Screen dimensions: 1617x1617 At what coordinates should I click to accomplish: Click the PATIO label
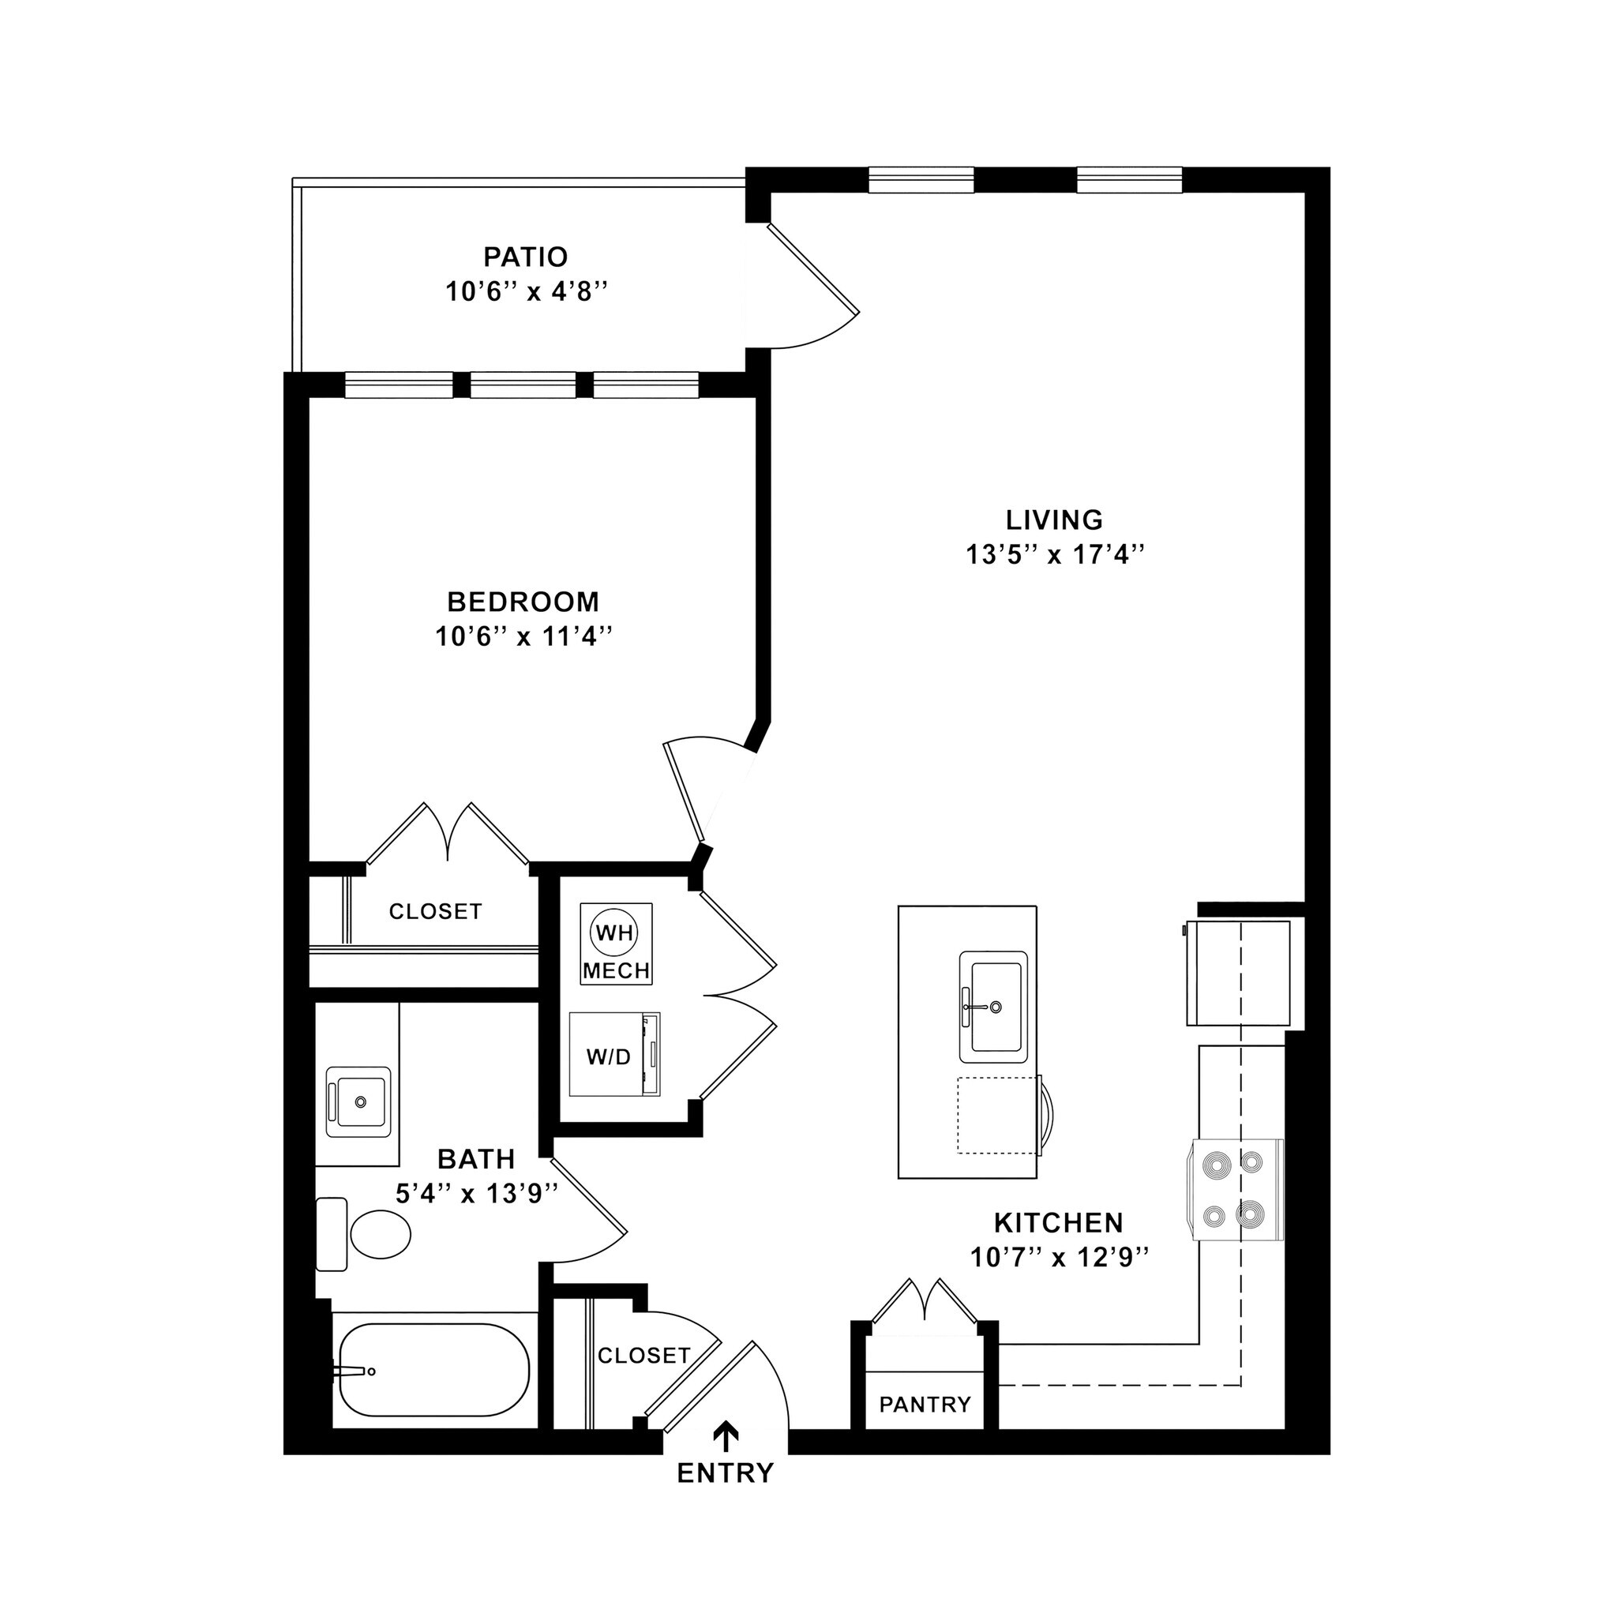point(525,256)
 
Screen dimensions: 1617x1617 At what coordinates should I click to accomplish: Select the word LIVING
point(1054,520)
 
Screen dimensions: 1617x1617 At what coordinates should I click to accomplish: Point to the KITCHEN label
point(1058,1223)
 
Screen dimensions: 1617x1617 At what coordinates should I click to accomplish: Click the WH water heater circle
point(613,932)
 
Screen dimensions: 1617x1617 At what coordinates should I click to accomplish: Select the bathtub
point(433,1370)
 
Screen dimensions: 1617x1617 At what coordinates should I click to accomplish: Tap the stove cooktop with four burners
point(1235,1189)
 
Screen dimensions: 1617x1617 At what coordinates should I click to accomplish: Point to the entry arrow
point(725,1435)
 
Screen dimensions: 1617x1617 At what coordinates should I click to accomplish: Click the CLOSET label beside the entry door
point(643,1355)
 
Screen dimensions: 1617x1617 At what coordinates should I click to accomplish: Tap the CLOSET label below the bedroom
point(435,911)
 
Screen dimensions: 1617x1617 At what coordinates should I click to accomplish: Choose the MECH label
point(616,971)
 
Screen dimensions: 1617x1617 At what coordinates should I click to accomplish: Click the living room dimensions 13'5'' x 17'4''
point(1054,555)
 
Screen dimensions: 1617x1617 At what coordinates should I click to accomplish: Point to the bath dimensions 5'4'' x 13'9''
point(476,1194)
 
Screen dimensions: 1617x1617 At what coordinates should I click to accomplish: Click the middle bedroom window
point(522,385)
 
